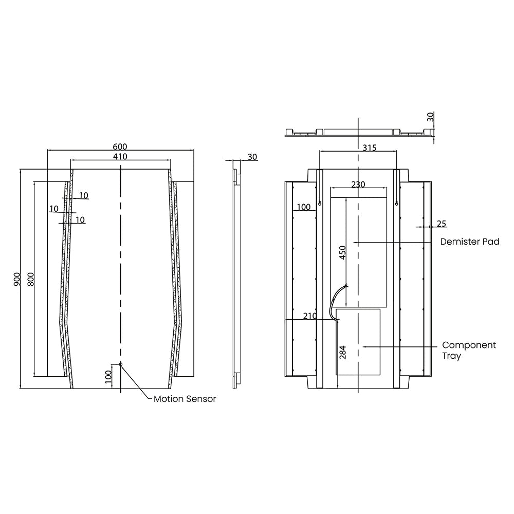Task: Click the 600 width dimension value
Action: (120, 146)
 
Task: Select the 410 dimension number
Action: (120, 157)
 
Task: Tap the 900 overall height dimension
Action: (17, 279)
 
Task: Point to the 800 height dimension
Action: (30, 279)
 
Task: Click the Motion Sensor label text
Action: (185, 399)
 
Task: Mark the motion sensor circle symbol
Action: (121, 364)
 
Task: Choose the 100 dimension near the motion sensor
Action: (108, 377)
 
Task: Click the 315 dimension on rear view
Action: (370, 148)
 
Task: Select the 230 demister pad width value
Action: (358, 185)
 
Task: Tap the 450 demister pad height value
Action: (342, 253)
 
